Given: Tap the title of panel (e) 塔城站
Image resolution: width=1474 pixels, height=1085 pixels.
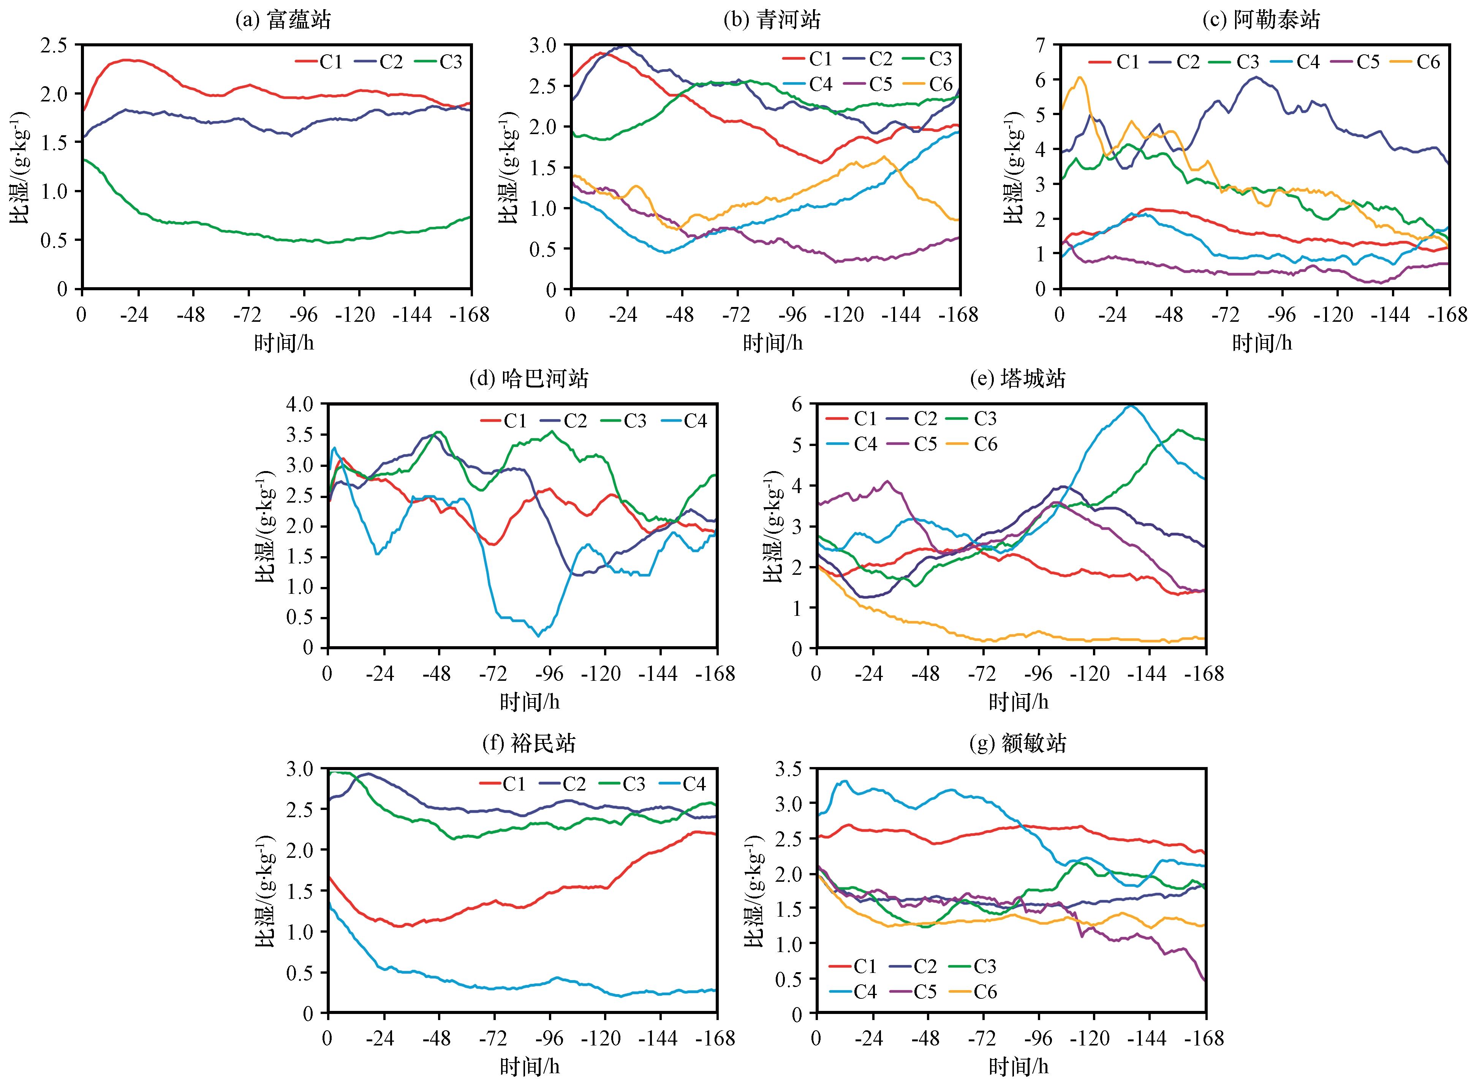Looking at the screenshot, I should coord(1017,379).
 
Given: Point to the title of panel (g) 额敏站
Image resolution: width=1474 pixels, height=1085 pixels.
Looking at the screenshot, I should coord(1017,743).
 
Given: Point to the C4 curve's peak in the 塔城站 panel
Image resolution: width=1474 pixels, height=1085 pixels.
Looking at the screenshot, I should coord(1130,406).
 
